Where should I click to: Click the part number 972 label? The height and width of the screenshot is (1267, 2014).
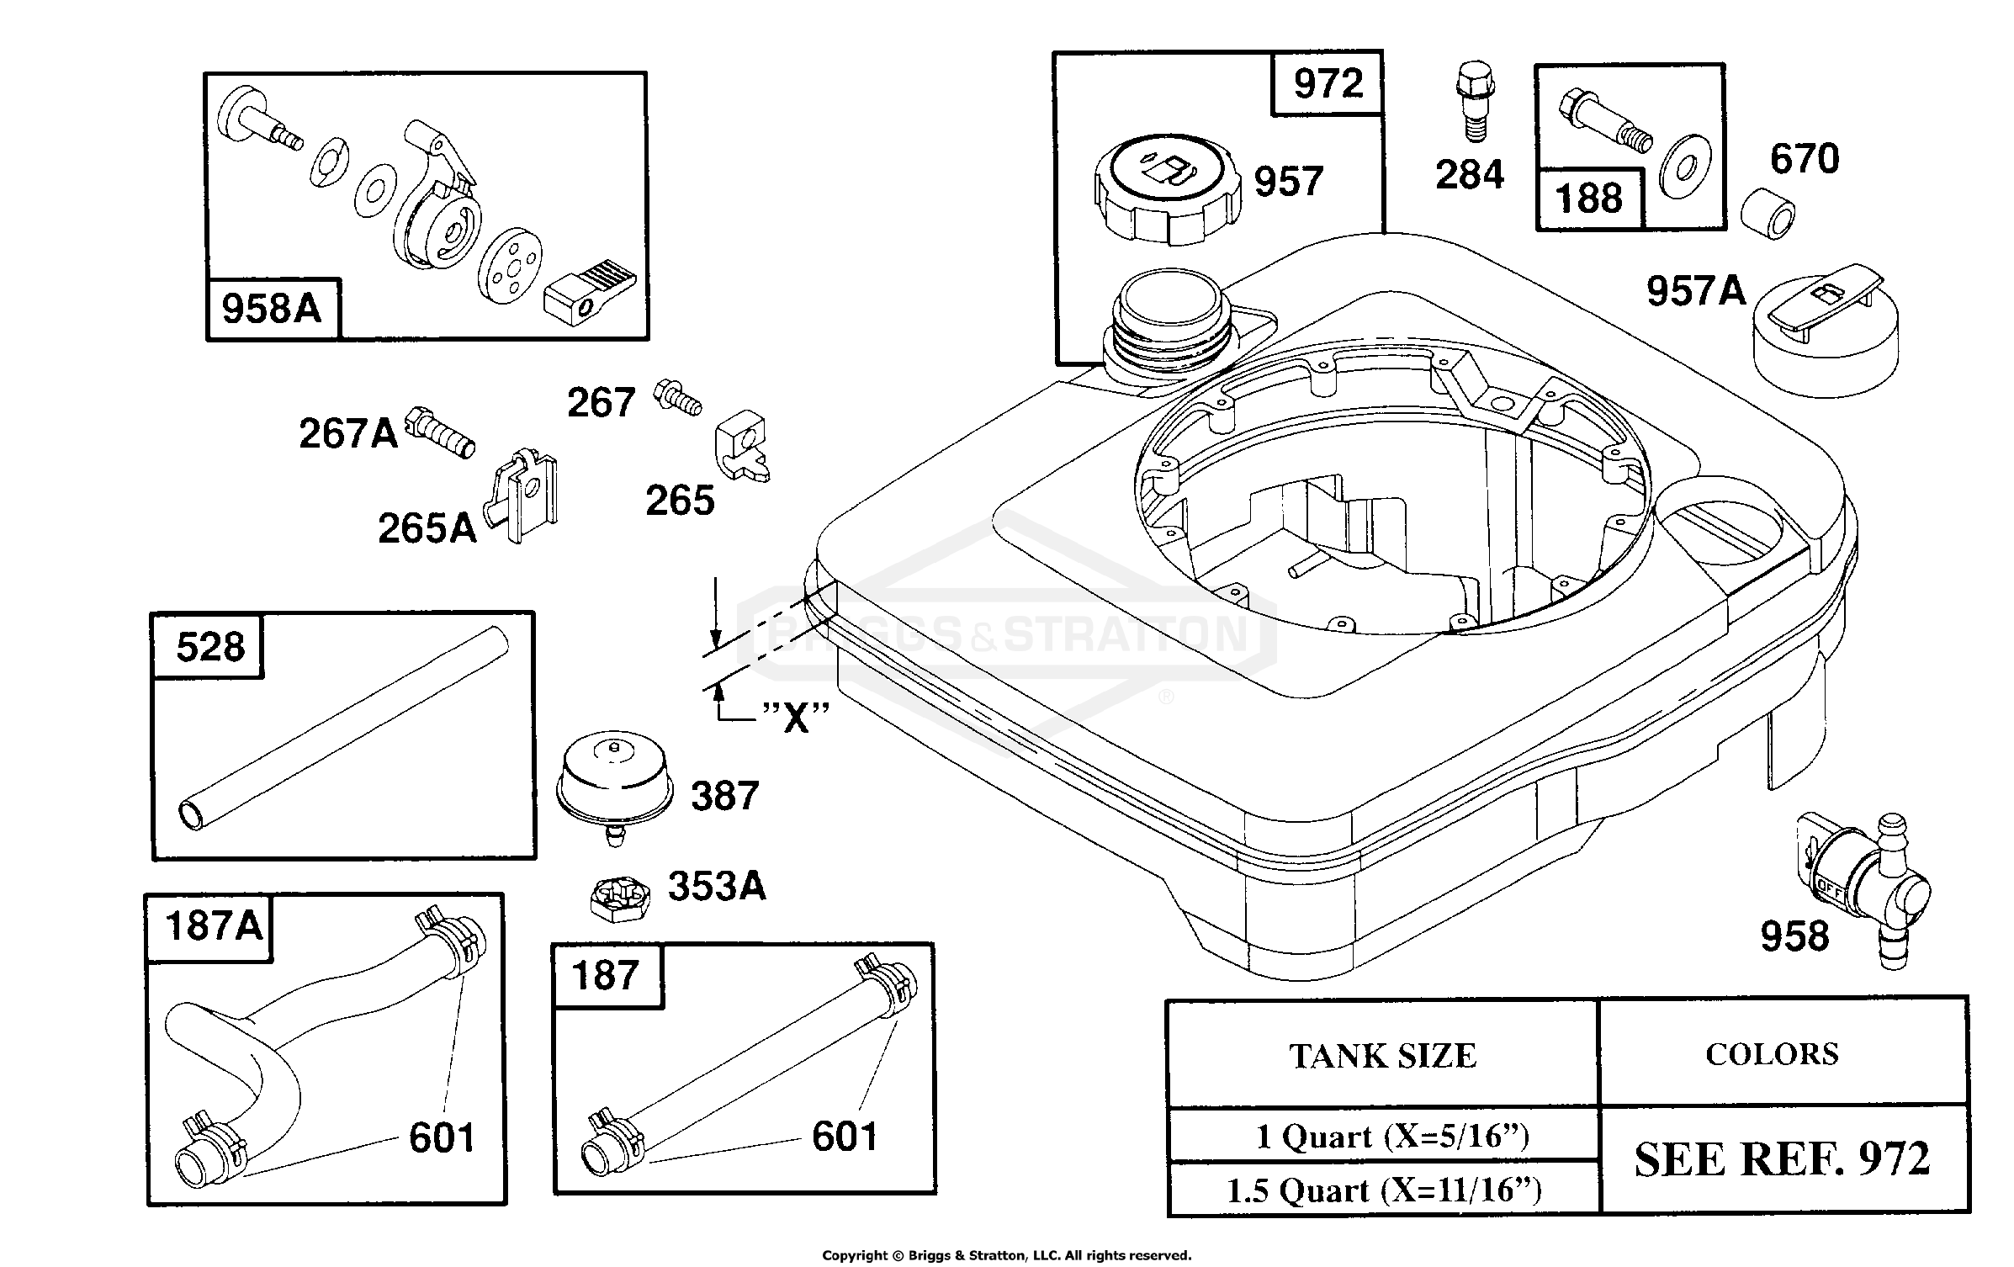(x=1328, y=83)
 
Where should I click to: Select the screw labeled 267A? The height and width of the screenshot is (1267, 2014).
(x=440, y=432)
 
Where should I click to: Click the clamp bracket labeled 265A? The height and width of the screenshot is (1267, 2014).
(x=522, y=495)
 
